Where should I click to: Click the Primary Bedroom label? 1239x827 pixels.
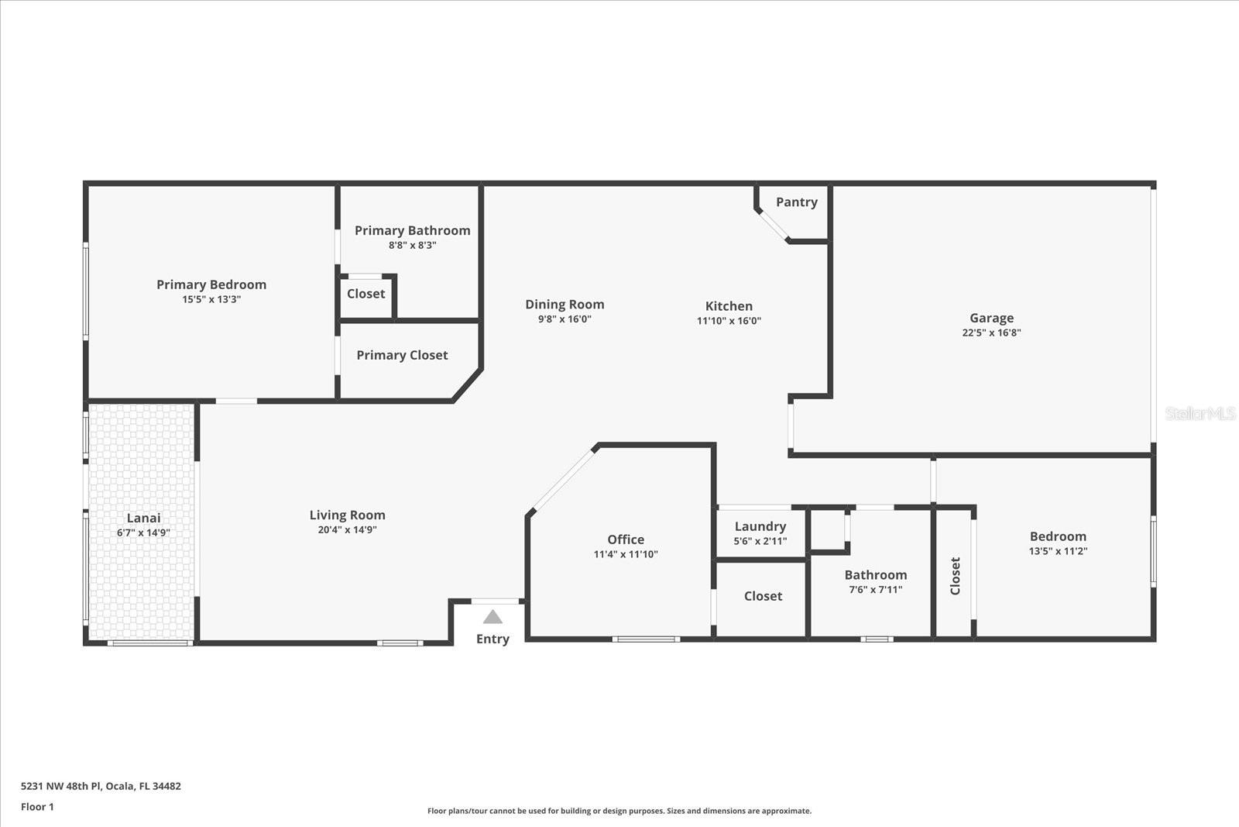pyautogui.click(x=211, y=284)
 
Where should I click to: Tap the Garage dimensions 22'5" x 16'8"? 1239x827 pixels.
pyautogui.click(x=991, y=333)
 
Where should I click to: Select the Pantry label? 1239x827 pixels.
pyautogui.click(x=797, y=202)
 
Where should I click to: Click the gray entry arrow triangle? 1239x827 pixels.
pyautogui.click(x=493, y=617)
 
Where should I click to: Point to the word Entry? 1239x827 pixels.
pyautogui.click(x=493, y=639)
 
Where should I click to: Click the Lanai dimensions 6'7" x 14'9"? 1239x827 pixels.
pyautogui.click(x=143, y=533)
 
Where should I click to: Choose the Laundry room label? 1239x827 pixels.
pyautogui.click(x=760, y=527)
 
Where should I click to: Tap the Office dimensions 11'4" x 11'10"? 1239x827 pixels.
pyautogui.click(x=626, y=554)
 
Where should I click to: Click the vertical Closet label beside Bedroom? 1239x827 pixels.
pyautogui.click(x=955, y=576)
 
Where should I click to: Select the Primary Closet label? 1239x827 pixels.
pyautogui.click(x=402, y=356)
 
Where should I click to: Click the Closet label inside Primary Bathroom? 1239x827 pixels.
pyautogui.click(x=366, y=294)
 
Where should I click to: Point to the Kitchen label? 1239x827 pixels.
pyautogui.click(x=729, y=306)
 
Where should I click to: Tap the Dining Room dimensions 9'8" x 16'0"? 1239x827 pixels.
pyautogui.click(x=565, y=319)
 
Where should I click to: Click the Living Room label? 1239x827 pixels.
pyautogui.click(x=348, y=515)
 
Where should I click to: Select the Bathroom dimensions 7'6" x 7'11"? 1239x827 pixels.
pyautogui.click(x=876, y=590)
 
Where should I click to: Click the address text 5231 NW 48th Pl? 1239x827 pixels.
pyautogui.click(x=61, y=786)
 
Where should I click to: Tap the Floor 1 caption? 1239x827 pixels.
pyautogui.click(x=38, y=807)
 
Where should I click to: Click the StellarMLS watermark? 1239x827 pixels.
pyautogui.click(x=1200, y=414)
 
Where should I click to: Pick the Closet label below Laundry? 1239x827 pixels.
pyautogui.click(x=763, y=596)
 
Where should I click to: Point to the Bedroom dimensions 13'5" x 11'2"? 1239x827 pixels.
pyautogui.click(x=1058, y=551)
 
